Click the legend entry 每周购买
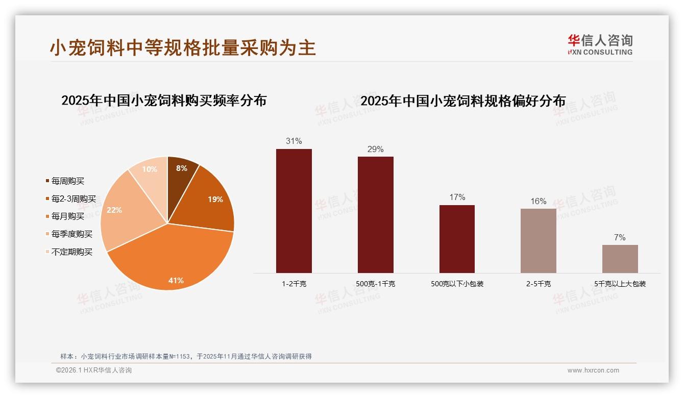pyautogui.click(x=67, y=181)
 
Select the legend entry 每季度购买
pyautogui.click(x=71, y=234)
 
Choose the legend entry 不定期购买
pyautogui.click(x=71, y=252)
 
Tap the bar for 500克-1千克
pyautogui.click(x=375, y=214)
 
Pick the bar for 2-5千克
pyautogui.click(x=539, y=240)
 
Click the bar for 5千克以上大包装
pyautogui.click(x=620, y=259)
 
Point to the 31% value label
pyautogui.click(x=294, y=141)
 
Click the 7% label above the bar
pyautogui.click(x=620, y=238)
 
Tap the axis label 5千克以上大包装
pyautogui.click(x=620, y=284)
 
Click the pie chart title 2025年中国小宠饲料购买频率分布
pyautogui.click(x=164, y=101)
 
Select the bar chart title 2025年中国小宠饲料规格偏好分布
pyautogui.click(x=463, y=101)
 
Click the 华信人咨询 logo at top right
pyautogui.click(x=600, y=44)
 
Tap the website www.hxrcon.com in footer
pyautogui.click(x=593, y=370)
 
